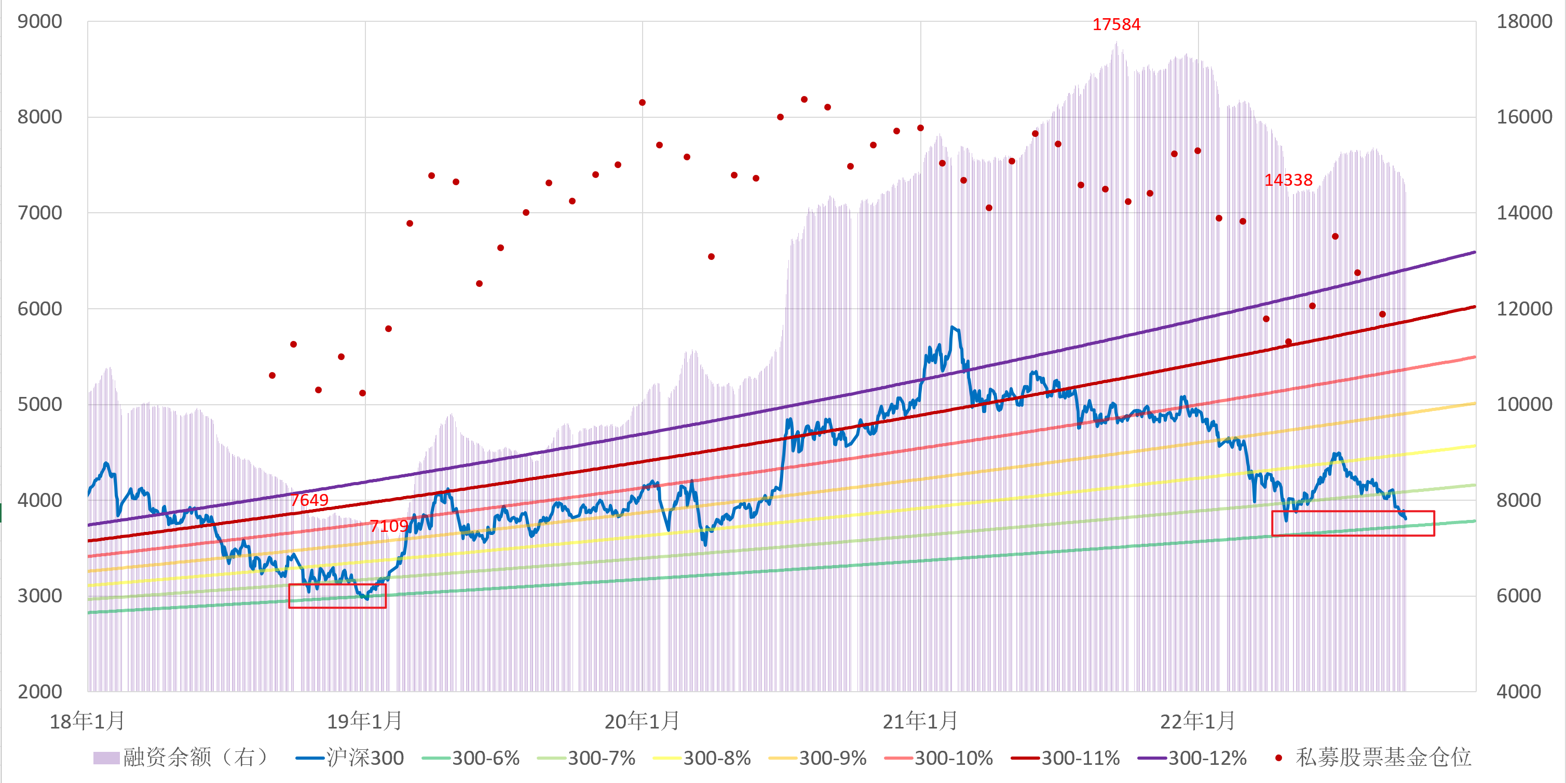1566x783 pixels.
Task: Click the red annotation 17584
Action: click(1115, 25)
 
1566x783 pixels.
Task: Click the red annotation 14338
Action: click(1288, 181)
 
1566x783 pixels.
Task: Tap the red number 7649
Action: click(309, 500)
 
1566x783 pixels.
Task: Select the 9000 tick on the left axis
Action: click(39, 22)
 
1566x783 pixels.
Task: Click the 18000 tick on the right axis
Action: click(1523, 22)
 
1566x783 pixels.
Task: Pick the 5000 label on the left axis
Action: click(39, 405)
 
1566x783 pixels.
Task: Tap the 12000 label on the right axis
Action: click(1523, 309)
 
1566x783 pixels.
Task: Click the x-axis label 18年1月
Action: click(87, 722)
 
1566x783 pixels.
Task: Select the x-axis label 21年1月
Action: click(920, 722)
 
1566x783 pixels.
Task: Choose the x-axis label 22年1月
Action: click(1197, 722)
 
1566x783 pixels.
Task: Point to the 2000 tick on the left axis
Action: click(39, 692)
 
